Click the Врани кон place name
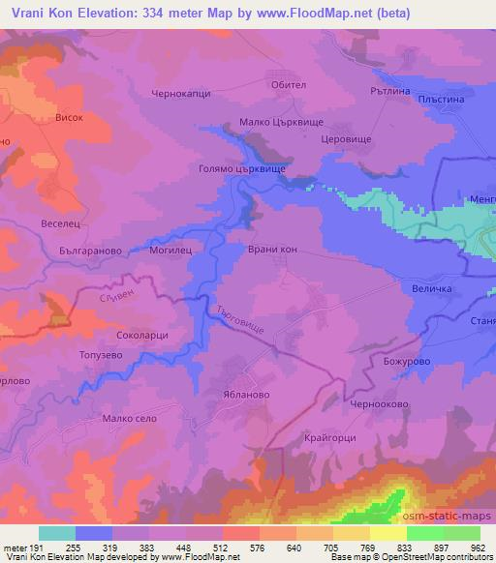point(273,249)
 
